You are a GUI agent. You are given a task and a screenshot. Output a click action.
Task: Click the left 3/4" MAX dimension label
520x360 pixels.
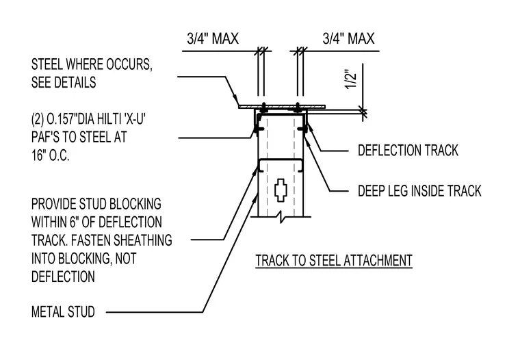pyautogui.click(x=213, y=39)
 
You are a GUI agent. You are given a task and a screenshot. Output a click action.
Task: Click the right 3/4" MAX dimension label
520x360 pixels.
pyautogui.click(x=348, y=39)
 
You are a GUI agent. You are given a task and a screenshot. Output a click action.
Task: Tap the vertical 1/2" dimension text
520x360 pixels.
pyautogui.click(x=351, y=79)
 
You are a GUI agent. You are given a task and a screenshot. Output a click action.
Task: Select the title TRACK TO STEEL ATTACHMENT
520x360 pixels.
pyautogui.click(x=334, y=261)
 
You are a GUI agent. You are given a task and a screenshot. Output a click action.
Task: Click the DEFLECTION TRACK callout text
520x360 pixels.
pyautogui.click(x=408, y=151)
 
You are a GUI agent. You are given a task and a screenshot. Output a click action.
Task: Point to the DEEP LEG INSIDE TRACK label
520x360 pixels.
pyautogui.click(x=419, y=191)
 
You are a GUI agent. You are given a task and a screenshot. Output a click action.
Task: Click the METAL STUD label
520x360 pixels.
pyautogui.click(x=63, y=312)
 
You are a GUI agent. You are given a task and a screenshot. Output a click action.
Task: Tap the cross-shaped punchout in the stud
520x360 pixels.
pyautogui.click(x=281, y=190)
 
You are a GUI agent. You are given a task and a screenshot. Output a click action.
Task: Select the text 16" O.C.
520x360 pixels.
pyautogui.click(x=51, y=155)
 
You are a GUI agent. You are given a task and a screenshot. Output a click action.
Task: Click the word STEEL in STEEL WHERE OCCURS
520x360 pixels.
pyautogui.click(x=47, y=64)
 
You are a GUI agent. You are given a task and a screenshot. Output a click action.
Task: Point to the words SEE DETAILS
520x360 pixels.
pyautogui.click(x=64, y=82)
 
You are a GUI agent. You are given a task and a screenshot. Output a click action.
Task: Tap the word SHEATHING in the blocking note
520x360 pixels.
pyautogui.click(x=145, y=240)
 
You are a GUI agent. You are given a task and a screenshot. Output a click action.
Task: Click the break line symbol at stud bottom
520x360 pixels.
pyautogui.click(x=281, y=218)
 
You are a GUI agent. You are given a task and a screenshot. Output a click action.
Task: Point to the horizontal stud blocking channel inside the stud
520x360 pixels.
pyautogui.click(x=281, y=165)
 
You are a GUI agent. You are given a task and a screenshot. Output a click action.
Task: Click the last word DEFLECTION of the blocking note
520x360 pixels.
pyautogui.click(x=63, y=277)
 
